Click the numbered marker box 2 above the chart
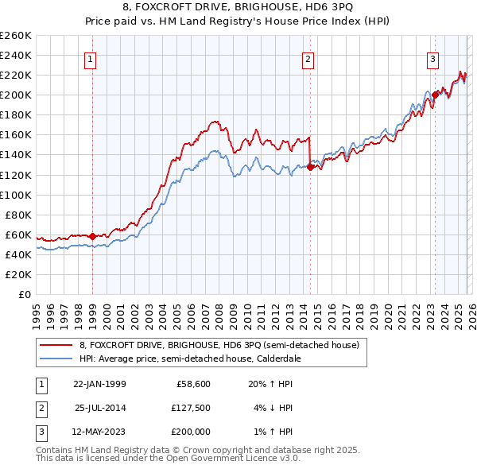tap(308, 58)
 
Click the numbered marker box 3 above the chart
tap(432, 58)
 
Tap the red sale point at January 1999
tap(92, 235)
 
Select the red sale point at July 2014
tap(310, 167)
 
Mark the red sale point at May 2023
tap(435, 95)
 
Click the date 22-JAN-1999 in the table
tap(99, 383)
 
